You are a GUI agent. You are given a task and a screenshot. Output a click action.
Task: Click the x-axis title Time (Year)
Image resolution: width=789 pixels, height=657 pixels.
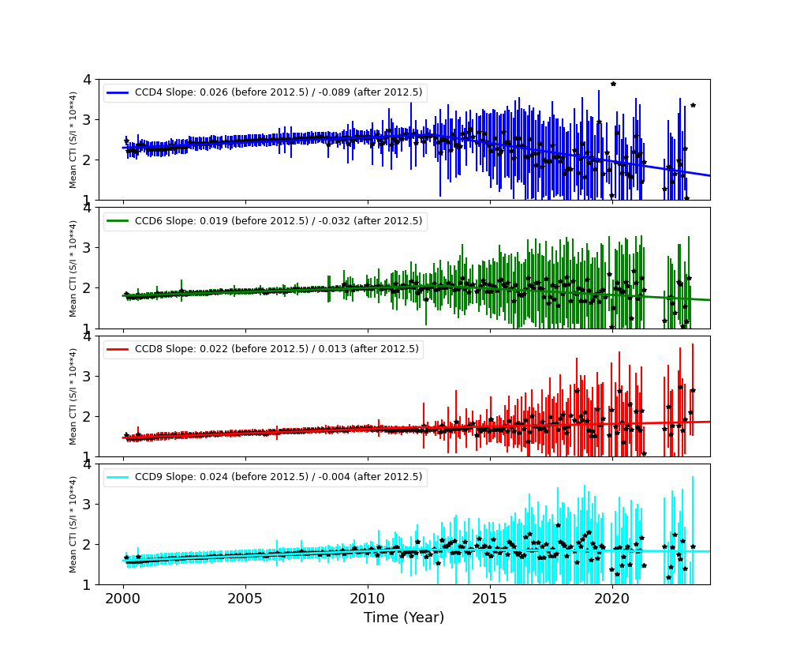(x=404, y=618)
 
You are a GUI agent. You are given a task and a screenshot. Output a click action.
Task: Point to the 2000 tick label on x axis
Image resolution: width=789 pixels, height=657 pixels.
(x=123, y=598)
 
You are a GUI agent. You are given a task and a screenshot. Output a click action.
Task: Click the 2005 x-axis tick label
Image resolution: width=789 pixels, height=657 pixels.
(x=245, y=598)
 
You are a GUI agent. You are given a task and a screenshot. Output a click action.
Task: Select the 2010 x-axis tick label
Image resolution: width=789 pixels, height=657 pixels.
(x=368, y=598)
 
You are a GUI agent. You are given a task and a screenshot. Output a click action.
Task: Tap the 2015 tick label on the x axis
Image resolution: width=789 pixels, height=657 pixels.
(x=490, y=598)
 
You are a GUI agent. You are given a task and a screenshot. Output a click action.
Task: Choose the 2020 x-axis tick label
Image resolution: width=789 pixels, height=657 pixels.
(x=612, y=598)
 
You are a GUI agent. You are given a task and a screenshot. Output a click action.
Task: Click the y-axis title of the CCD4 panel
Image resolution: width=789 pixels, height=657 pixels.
(x=73, y=140)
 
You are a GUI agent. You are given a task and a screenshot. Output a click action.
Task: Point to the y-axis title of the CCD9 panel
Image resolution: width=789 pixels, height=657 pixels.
(x=73, y=524)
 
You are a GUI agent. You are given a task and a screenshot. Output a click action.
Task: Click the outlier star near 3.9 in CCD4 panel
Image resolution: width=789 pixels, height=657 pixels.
(x=613, y=84)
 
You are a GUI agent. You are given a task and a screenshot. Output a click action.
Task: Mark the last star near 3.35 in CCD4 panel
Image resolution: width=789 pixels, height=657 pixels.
(x=693, y=105)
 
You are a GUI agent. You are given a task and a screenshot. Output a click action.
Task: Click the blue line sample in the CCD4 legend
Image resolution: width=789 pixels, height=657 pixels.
(x=118, y=93)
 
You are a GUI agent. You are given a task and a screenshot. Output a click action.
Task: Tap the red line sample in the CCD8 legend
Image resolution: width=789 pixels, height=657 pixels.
(x=118, y=350)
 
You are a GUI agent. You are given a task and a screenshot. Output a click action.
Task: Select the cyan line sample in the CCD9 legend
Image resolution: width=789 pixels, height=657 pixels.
(x=118, y=478)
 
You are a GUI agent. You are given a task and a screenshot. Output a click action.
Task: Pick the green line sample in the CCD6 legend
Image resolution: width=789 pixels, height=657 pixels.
(x=118, y=222)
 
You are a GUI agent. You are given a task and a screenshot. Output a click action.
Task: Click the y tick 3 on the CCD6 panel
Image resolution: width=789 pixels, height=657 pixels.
(x=89, y=247)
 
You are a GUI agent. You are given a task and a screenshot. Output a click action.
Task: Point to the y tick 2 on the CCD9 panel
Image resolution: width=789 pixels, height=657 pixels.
(x=89, y=544)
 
